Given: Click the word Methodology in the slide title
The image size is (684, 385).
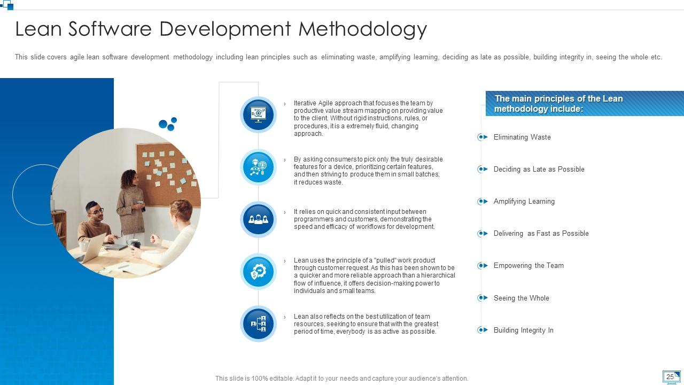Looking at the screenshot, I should coord(363,29).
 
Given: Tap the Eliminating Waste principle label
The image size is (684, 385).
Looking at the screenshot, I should coord(522,137).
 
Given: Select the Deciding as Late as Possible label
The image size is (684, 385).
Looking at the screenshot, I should coord(539,170).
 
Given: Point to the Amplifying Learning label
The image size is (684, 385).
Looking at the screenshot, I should coord(524,202).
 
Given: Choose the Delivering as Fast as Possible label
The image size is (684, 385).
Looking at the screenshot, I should coord(541,234).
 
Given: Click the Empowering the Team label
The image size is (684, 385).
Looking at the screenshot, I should coord(528,266).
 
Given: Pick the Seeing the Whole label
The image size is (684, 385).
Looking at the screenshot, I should coord(521,298).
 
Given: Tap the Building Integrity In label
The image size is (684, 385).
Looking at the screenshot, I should coord(523,330).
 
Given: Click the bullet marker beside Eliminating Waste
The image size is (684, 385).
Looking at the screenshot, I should coord(483,137).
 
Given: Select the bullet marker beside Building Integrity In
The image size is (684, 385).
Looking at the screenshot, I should coord(483,330).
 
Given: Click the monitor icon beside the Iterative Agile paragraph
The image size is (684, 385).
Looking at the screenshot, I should coord(258,114).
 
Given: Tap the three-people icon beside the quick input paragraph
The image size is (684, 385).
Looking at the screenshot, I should coord(258,219).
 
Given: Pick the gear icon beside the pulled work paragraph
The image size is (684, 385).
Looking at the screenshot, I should coord(258,272).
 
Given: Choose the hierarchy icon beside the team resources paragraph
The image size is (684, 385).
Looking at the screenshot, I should coord(258,324).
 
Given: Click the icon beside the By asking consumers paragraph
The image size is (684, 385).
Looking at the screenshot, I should coord(258,167).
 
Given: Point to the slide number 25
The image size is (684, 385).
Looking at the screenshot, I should coord(670,377).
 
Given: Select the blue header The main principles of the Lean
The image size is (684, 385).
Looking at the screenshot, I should coord(584,104).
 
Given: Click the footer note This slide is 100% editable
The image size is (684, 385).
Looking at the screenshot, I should coord(341,379).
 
